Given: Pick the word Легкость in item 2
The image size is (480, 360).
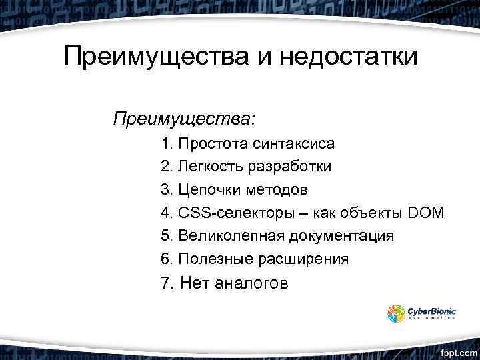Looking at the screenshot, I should pos(211,166).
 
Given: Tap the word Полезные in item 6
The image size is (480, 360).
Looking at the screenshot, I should pos(212,259).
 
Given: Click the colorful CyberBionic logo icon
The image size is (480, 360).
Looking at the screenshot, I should pos(396,313).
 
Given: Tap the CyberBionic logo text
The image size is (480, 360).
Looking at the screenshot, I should pos(432,311).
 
